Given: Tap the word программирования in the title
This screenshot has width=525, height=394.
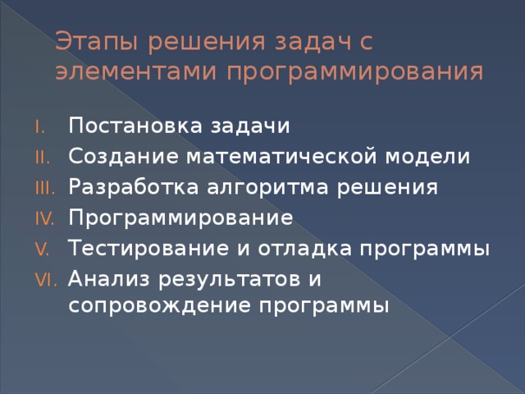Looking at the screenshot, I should [x=354, y=73].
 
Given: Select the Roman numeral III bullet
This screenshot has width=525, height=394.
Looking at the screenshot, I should [x=48, y=188].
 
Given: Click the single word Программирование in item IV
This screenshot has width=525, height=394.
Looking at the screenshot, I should [x=181, y=218].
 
